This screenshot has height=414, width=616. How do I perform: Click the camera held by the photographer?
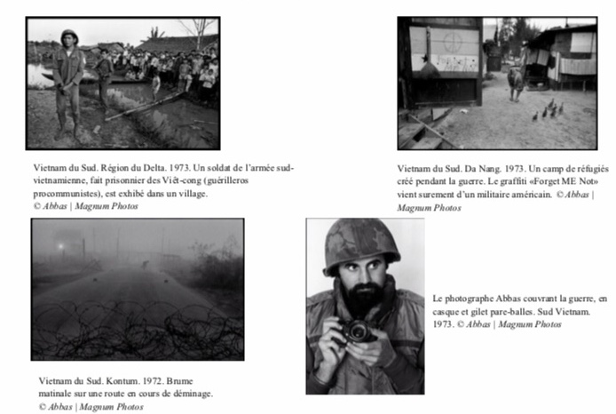[x=358, y=331]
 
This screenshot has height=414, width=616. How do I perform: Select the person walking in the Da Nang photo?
[x=516, y=82]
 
